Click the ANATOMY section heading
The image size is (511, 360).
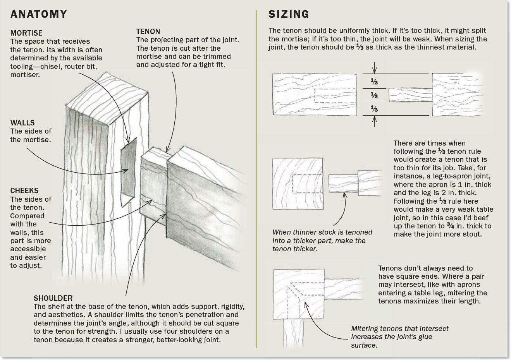(x=39, y=14)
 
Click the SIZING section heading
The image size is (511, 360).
(x=289, y=14)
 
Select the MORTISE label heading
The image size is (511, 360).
(x=26, y=33)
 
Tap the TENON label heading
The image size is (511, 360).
(x=148, y=31)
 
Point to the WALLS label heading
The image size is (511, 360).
(x=22, y=123)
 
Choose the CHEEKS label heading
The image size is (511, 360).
(x=24, y=191)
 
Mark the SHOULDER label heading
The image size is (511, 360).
(x=53, y=298)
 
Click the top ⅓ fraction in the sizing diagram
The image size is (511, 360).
(x=374, y=82)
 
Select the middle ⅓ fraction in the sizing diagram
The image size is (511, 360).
(x=374, y=95)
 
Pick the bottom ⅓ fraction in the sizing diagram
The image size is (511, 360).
(x=374, y=109)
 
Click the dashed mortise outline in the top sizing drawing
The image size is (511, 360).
(x=335, y=95)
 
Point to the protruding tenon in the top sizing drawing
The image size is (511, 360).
(x=411, y=95)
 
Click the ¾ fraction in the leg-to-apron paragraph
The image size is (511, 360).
(x=451, y=226)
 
